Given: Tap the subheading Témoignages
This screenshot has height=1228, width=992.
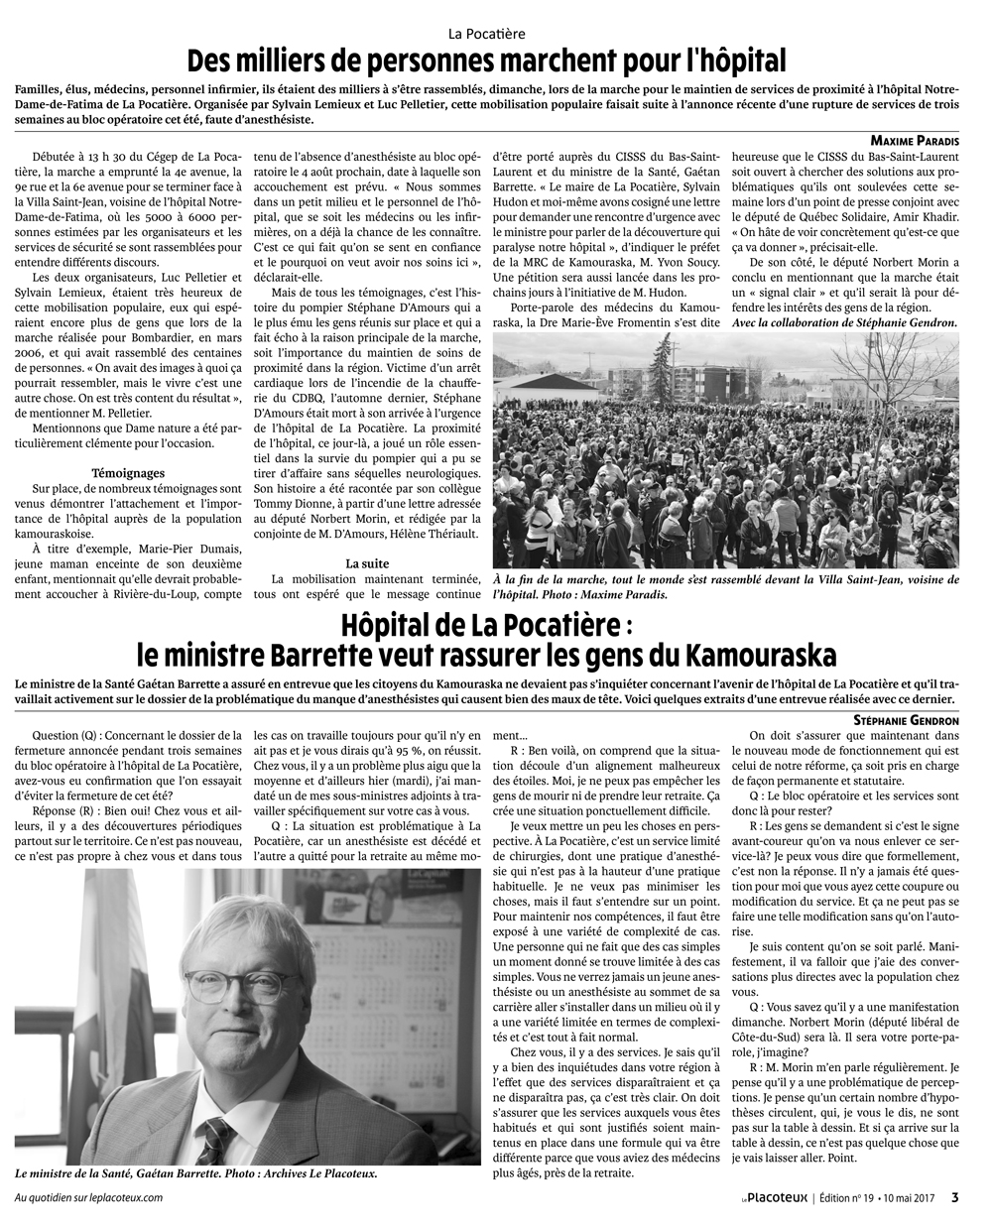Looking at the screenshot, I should pos(128,473).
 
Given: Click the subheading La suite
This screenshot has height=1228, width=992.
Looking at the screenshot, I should pos(367,563).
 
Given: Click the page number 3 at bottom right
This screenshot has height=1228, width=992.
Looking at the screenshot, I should pos(954,1196).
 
